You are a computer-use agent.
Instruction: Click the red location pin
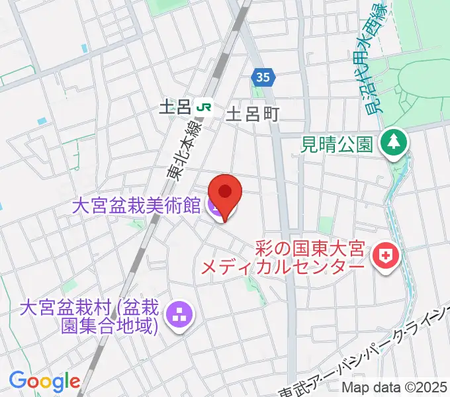point(225,194)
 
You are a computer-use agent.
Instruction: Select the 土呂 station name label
point(175,107)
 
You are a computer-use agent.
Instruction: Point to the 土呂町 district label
point(253,114)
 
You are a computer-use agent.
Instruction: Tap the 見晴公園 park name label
point(337,143)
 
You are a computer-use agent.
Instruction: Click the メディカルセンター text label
point(283,267)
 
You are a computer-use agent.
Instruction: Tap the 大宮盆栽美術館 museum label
point(136,206)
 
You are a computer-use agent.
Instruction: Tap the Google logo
point(44,381)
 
